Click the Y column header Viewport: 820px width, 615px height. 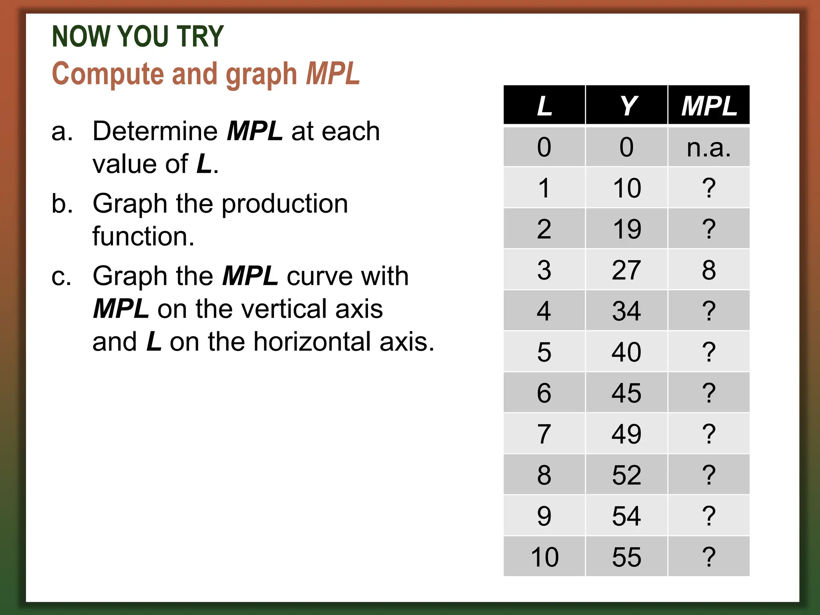(x=627, y=105)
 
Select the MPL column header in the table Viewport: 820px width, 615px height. (x=709, y=105)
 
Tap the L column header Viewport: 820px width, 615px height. (x=544, y=105)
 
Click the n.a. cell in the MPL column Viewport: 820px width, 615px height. (x=709, y=147)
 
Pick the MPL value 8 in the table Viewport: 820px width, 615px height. (x=709, y=270)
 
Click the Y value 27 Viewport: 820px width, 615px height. (x=627, y=270)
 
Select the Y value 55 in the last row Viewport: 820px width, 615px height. (x=627, y=557)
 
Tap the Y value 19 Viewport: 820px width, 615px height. (x=627, y=229)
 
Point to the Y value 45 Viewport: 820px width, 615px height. (x=627, y=393)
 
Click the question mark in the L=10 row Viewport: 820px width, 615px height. (x=709, y=557)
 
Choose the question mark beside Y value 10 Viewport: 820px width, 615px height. (x=709, y=188)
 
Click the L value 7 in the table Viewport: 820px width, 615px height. (x=544, y=434)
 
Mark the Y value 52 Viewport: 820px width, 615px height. (x=627, y=475)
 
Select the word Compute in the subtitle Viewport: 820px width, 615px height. (x=108, y=74)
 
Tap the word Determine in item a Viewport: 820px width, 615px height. (x=155, y=131)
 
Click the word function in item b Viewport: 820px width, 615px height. (x=143, y=236)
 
